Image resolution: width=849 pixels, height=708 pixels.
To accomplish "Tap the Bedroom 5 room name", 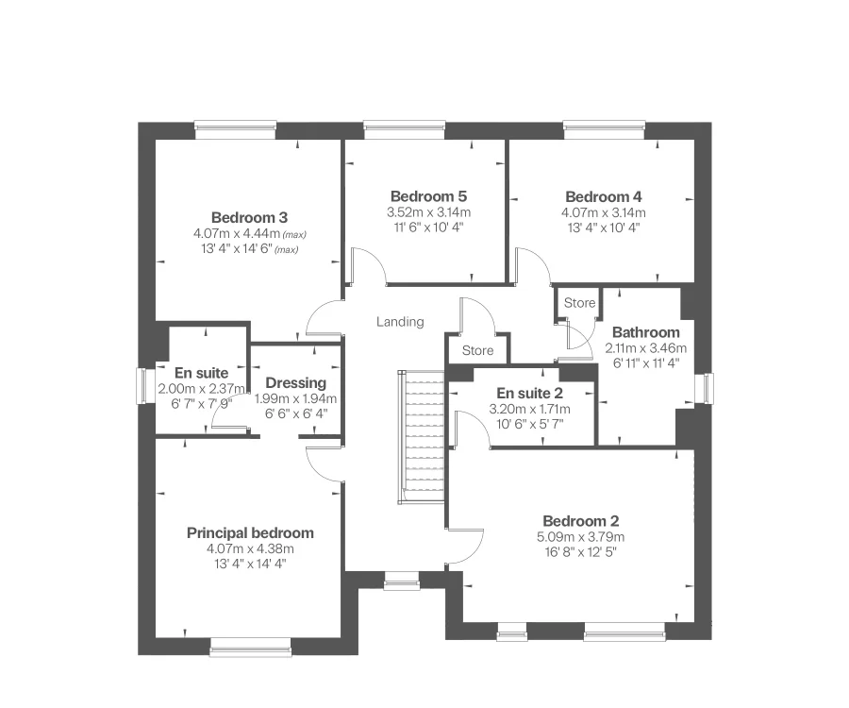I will (x=428, y=196).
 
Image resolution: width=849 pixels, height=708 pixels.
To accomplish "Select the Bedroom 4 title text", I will (x=604, y=196).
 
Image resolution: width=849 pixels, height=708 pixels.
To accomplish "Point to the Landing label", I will (x=400, y=322).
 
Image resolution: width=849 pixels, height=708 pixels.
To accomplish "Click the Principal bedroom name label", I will (x=250, y=532).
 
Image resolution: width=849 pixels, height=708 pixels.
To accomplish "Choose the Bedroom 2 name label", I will (x=580, y=521).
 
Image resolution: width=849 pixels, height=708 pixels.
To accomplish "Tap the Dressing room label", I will (x=295, y=382).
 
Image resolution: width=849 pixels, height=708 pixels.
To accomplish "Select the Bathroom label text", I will (x=645, y=332).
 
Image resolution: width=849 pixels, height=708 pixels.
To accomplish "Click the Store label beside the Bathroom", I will (x=579, y=303).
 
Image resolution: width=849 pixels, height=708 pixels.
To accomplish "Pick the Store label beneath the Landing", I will (x=477, y=350).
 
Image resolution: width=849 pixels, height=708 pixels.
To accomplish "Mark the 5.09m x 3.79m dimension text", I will (x=580, y=537).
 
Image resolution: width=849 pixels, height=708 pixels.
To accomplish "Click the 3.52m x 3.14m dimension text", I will (x=428, y=212).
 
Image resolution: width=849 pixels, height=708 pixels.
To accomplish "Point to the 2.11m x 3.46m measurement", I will (x=645, y=348).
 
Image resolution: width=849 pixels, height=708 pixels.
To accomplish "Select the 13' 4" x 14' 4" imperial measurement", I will (x=250, y=564).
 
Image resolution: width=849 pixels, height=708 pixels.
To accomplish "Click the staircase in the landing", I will (x=424, y=436).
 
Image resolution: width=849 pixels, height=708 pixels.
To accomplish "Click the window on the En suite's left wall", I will (x=144, y=385).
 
